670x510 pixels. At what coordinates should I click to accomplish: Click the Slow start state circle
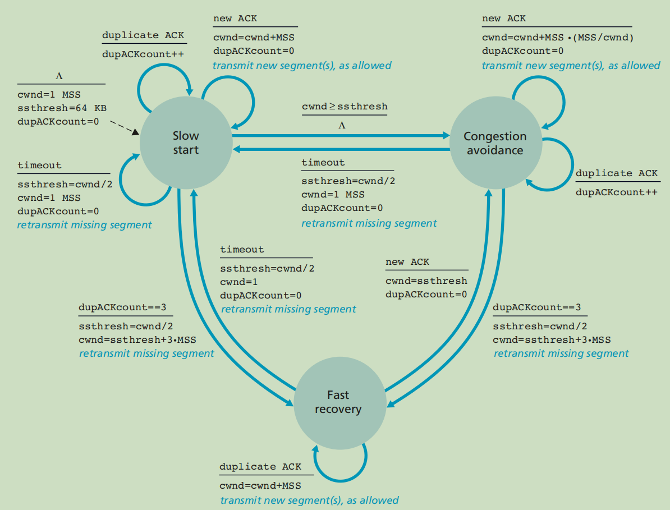186,143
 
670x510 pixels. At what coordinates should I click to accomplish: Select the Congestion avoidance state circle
495,143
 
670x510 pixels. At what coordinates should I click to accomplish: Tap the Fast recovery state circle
339,403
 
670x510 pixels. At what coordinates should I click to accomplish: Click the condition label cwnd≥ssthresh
345,107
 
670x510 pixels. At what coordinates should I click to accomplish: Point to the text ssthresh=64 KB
62,108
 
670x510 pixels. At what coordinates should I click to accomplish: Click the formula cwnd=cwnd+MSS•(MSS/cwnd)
558,38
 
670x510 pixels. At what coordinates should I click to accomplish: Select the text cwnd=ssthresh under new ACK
426,281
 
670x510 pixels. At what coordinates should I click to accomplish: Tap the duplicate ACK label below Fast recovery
260,467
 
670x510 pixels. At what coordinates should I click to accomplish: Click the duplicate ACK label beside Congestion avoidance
617,173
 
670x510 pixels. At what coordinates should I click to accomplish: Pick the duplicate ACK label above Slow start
143,35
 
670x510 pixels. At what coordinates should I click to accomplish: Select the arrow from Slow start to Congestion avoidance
341,135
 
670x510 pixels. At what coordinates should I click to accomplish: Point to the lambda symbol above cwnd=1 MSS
59,76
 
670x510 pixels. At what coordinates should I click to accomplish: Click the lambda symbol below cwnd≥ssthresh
342,125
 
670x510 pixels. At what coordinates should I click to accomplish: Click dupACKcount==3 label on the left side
122,307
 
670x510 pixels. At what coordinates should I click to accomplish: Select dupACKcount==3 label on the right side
536,307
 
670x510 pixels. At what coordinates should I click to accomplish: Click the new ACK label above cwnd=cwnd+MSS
235,19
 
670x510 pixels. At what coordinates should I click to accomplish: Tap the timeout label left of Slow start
39,166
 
